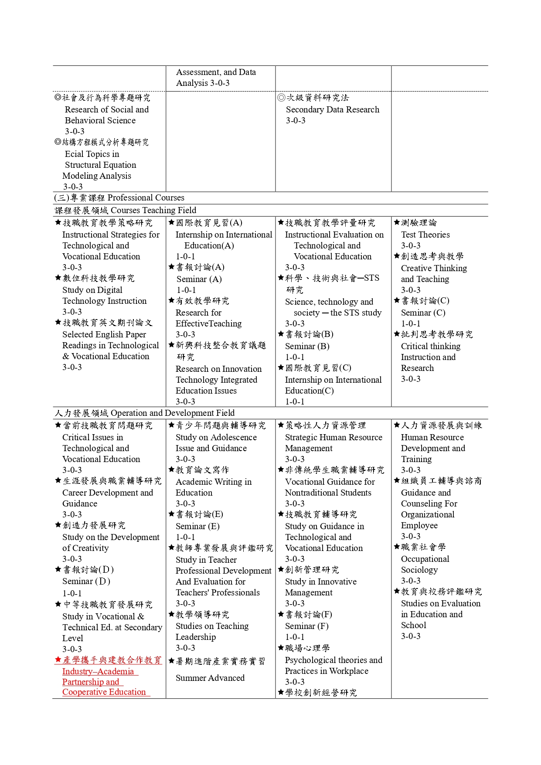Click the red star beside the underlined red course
tap(58, 660)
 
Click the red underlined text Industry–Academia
tap(98, 671)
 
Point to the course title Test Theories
tap(425, 235)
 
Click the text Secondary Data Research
tap(332, 109)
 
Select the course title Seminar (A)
tap(199, 279)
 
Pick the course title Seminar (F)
tap(306, 626)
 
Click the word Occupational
tap(425, 559)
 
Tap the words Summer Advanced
tap(210, 678)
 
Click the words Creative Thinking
tap(434, 268)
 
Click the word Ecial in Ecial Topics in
tap(75, 154)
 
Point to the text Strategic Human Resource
tap(333, 437)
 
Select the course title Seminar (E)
tap(197, 526)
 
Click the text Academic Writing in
tap(213, 482)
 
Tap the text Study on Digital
tap(92, 290)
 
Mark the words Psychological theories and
tap(333, 660)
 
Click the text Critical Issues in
tap(92, 437)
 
